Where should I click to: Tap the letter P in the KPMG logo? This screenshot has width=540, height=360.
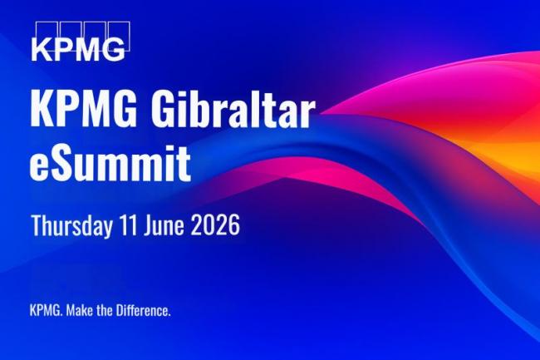[x=65, y=49]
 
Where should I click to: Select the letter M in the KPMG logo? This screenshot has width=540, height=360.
[x=89, y=49]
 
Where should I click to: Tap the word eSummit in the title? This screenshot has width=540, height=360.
[x=110, y=162]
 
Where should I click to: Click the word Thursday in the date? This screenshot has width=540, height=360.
[x=73, y=225]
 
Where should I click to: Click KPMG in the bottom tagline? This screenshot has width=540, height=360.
[x=43, y=311]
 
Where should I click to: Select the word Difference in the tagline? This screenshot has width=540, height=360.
[x=143, y=311]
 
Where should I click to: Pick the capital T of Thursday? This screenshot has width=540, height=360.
[x=36, y=225]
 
